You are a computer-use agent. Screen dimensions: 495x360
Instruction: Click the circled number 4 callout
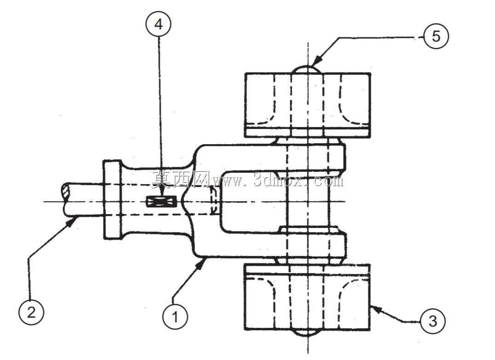158,24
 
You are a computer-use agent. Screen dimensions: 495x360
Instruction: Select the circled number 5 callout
436,36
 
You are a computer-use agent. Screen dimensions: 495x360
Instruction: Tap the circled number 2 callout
31,312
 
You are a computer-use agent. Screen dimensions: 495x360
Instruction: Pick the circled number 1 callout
175,316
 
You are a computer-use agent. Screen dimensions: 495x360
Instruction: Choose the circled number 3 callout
433,321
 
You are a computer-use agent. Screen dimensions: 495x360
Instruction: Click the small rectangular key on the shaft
161,202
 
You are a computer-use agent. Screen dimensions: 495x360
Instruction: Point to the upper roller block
308,105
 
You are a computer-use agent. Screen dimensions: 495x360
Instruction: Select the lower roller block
307,297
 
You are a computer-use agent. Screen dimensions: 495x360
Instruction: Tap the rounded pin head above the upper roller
307,69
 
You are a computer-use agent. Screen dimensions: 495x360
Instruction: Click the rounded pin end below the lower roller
307,333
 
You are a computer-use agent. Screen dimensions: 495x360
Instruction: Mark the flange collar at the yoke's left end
112,200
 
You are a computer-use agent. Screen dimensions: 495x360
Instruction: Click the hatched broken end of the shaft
65,192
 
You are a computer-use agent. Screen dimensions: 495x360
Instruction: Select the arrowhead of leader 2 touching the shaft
71,223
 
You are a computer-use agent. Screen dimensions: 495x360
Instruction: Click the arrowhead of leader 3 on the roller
377,308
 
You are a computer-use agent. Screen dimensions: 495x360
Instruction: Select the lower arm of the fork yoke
271,245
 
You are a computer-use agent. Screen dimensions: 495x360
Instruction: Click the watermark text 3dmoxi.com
299,180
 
